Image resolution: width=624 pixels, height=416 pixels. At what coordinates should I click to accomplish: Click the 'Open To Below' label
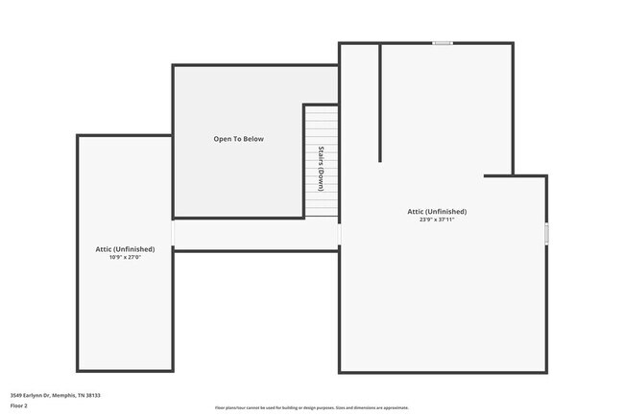click(238, 139)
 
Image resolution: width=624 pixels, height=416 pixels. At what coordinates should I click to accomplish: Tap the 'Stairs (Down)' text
click(322, 169)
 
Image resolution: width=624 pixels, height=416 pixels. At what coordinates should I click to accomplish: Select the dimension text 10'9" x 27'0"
click(125, 257)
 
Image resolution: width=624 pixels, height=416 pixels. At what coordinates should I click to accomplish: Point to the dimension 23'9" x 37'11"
click(437, 220)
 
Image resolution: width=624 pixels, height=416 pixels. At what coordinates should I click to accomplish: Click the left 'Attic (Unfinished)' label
click(125, 248)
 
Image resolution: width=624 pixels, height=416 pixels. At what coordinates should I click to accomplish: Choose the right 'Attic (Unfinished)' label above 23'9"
click(437, 211)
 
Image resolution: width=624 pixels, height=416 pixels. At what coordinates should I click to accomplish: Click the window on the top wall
click(443, 42)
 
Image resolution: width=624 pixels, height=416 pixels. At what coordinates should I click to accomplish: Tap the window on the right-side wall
click(546, 233)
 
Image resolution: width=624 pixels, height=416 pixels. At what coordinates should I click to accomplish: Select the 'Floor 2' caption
click(19, 405)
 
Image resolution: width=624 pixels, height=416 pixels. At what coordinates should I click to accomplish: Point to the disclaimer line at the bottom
click(311, 407)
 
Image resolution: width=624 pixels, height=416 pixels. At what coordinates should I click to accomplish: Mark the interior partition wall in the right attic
click(381, 102)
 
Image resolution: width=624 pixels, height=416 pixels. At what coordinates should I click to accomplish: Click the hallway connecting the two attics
click(255, 234)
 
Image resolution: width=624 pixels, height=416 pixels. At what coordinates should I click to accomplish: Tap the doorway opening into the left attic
click(173, 234)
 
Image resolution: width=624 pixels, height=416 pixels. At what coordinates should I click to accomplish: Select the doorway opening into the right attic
click(339, 234)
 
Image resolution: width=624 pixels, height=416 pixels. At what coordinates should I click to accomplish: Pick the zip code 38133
click(93, 394)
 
